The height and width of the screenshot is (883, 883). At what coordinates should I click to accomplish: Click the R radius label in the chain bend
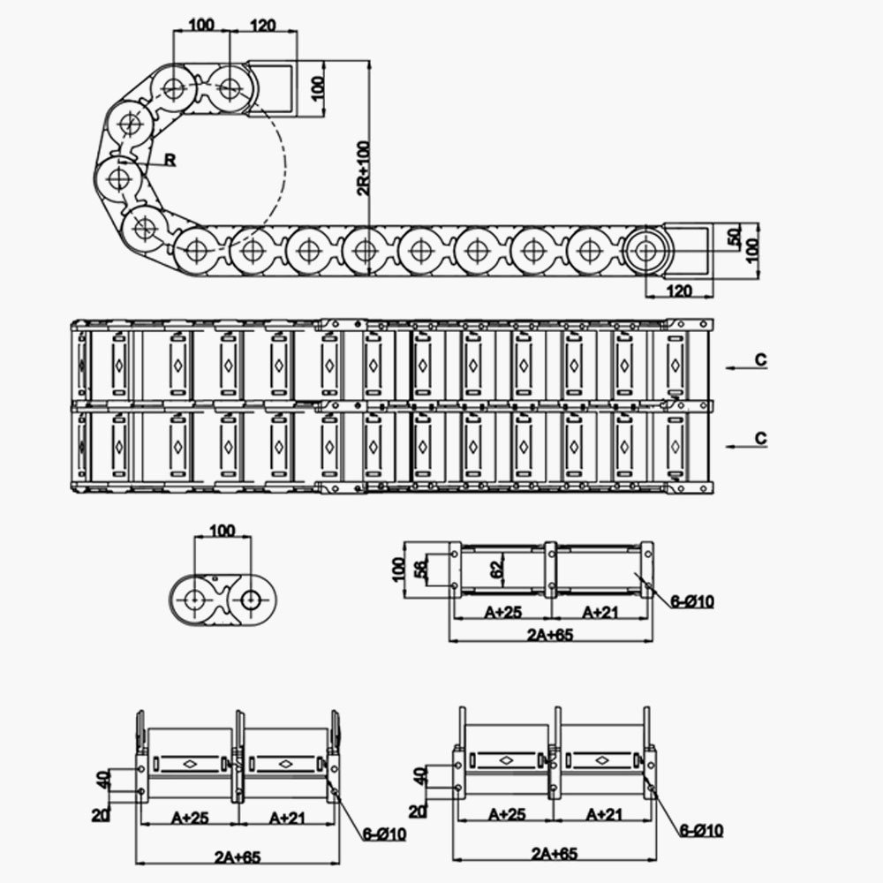click(170, 160)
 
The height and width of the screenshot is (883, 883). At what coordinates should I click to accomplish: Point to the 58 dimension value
click(421, 569)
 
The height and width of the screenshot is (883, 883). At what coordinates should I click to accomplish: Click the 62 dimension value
click(496, 569)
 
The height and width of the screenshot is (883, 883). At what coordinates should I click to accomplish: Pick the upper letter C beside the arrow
click(761, 359)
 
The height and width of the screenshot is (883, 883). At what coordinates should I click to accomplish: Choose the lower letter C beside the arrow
click(761, 438)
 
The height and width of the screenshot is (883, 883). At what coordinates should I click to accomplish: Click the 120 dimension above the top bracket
click(263, 24)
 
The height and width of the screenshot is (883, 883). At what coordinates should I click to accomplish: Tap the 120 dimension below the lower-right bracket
click(678, 291)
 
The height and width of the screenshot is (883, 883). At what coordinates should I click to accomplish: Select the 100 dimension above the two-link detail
click(222, 530)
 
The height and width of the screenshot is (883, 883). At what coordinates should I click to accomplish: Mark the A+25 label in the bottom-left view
click(187, 818)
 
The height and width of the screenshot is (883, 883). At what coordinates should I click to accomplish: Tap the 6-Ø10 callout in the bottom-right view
click(702, 830)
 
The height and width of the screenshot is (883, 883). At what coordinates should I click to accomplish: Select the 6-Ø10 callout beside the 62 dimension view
click(691, 602)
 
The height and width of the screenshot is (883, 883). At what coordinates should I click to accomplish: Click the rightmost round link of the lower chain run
click(648, 251)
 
